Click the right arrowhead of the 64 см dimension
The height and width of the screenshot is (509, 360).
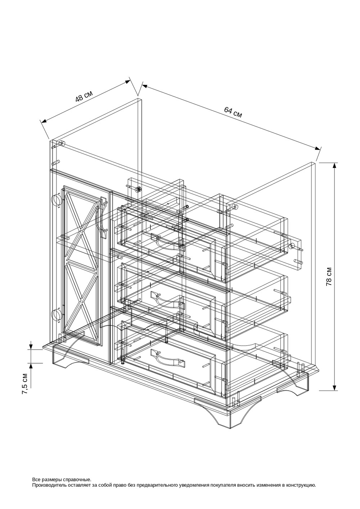pyautogui.click(x=317, y=148)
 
